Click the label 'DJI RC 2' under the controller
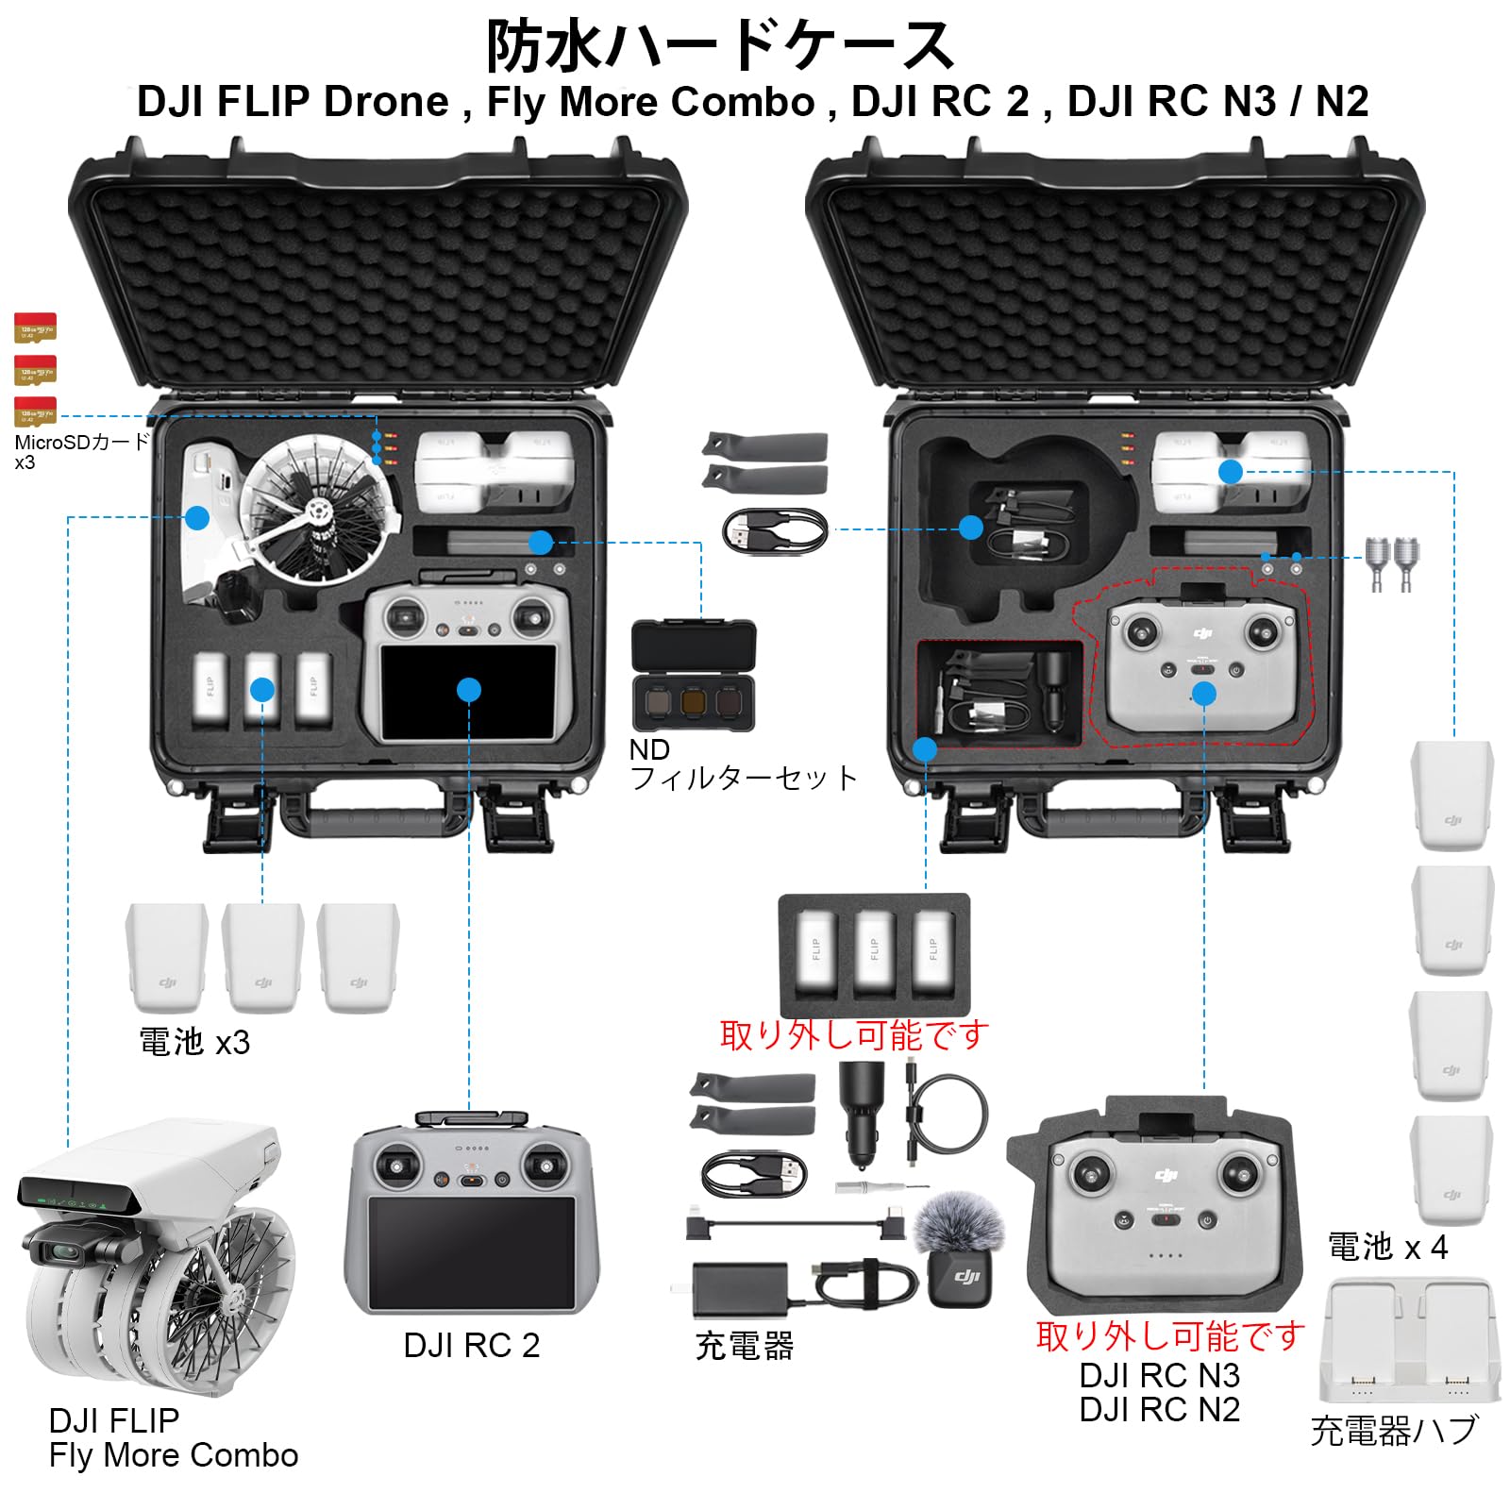point(471,1345)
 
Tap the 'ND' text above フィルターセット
point(649,750)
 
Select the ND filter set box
point(694,681)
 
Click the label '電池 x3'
point(194,1042)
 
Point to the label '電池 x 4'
point(1387,1248)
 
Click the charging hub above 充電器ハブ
point(1408,1340)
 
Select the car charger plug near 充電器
point(861,1114)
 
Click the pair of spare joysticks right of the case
point(1392,563)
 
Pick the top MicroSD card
point(35,327)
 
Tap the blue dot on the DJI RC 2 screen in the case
point(468,690)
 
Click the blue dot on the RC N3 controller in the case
point(1203,695)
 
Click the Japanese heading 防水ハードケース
point(719,45)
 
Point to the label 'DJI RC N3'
point(1159,1376)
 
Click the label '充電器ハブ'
point(1393,1432)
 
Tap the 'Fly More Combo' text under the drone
point(174,1455)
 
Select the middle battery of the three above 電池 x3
point(262,958)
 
